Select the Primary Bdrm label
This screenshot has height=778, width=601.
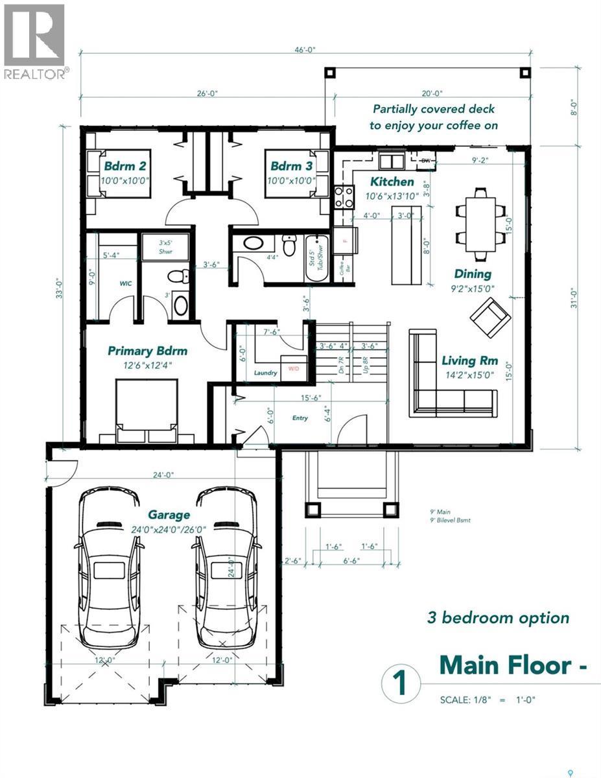(x=147, y=351)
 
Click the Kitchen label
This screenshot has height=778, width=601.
(x=392, y=182)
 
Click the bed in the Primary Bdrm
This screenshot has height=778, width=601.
(x=147, y=411)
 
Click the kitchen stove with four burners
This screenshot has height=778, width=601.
(x=343, y=196)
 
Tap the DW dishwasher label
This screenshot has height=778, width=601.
(x=426, y=159)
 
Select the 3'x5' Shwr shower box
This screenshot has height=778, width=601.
(x=165, y=246)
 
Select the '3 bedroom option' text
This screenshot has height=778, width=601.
(x=498, y=617)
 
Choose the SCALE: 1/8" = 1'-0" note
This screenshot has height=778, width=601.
(x=488, y=700)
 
